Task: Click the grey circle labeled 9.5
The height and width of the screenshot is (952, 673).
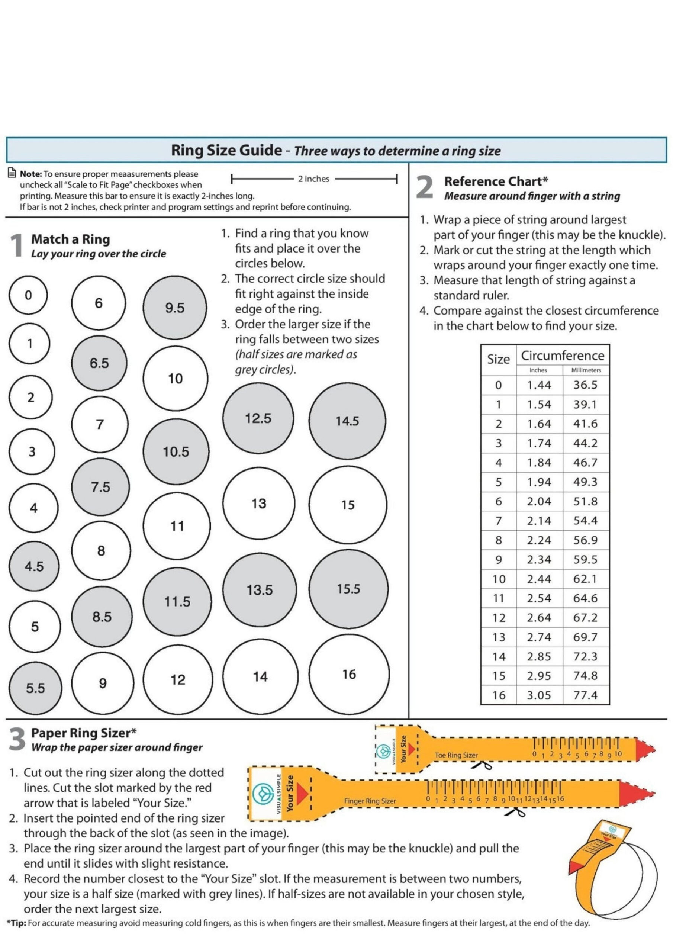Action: [x=175, y=308]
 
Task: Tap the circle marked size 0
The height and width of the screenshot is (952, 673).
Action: [x=28, y=295]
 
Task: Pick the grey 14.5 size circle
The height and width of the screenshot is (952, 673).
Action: [x=347, y=421]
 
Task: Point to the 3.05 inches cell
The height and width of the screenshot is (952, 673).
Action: [x=539, y=695]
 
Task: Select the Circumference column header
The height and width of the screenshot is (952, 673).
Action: [x=562, y=356]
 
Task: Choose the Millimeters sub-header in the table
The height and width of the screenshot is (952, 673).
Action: [x=586, y=370]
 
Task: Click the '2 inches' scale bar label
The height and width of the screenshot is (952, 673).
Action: [x=313, y=179]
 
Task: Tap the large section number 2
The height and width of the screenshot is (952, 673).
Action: [x=425, y=188]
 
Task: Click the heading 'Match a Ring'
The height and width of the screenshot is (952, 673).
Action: [x=71, y=239]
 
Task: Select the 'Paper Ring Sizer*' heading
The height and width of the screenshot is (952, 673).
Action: [x=84, y=733]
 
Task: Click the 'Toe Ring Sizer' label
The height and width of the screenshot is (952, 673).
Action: [x=456, y=755]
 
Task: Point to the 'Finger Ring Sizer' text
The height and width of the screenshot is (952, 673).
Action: [x=370, y=801]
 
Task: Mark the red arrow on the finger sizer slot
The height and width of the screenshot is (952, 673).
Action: [x=302, y=794]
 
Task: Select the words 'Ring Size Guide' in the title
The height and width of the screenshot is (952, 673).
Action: [x=226, y=150]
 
